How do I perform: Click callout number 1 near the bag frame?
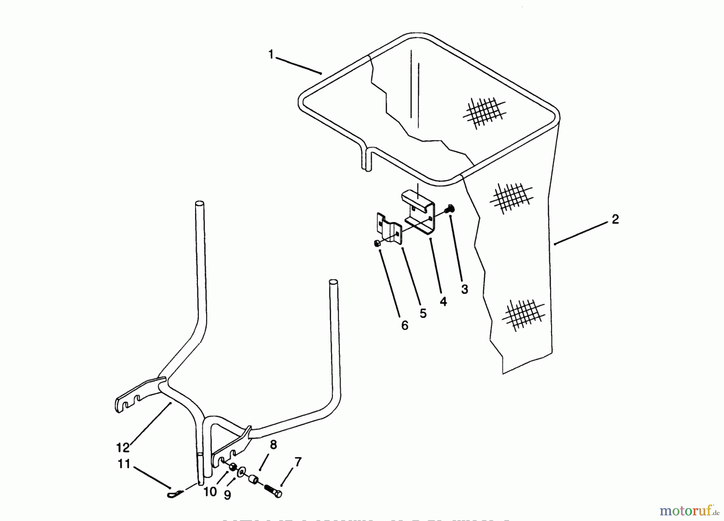coord(271,54)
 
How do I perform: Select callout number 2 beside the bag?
coord(615,220)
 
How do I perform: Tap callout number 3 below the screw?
coord(465,289)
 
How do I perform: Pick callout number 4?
coord(443,302)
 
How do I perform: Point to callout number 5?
coord(423,313)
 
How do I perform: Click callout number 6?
coord(405,325)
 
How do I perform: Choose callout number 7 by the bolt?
coord(298,462)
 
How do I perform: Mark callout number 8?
coord(274,445)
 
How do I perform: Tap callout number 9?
coord(227,495)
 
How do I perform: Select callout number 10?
coord(210,492)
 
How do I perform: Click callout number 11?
coord(124,464)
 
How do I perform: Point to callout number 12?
coord(123,447)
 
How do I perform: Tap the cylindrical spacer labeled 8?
coord(253,480)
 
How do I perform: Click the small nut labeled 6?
coord(378,243)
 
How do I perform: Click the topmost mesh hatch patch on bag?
coord(484,112)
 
